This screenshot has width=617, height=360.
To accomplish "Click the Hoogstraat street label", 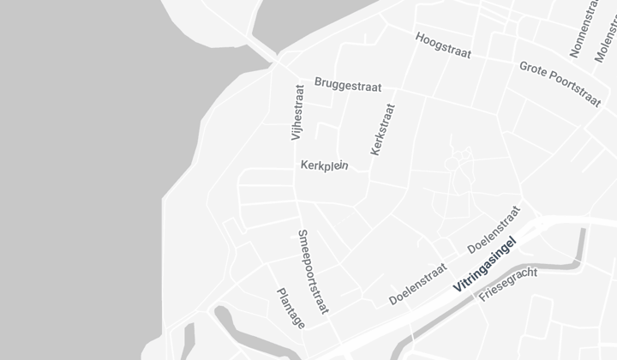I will tap(443, 45).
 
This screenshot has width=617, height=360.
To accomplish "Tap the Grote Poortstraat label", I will tap(560, 83).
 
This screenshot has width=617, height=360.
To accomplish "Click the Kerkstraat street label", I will tap(383, 129).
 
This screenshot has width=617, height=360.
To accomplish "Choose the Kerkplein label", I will tap(324, 165).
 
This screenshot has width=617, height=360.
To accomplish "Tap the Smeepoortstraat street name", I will tap(313, 271).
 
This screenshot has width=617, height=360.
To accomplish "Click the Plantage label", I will tap(291, 308).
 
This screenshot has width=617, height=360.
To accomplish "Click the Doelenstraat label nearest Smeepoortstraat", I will tap(417, 284).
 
